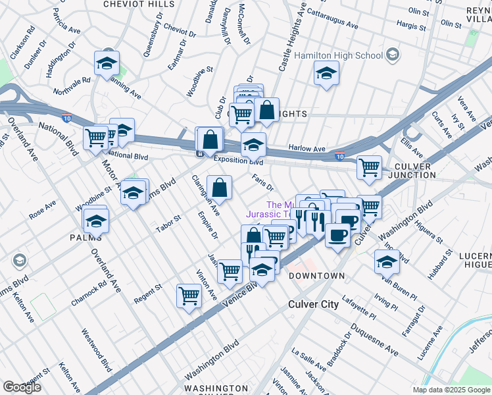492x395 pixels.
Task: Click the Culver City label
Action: (313, 304)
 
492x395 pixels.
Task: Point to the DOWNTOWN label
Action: (317, 275)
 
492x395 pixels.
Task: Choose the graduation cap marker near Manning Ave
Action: (107, 64)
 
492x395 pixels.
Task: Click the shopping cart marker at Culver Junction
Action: (370, 166)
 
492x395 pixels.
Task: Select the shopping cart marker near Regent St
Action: (189, 295)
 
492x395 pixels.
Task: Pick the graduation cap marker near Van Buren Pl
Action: (387, 261)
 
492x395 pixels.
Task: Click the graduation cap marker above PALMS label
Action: (96, 221)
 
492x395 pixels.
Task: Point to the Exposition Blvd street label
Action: (237, 161)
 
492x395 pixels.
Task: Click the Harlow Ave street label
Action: (307, 149)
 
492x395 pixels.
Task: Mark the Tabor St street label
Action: (167, 224)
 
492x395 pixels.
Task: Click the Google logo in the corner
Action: (22, 386)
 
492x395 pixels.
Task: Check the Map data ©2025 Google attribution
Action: (451, 390)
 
